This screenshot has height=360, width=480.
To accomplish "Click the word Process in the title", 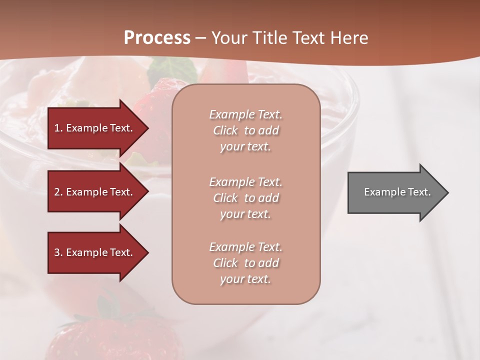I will (x=157, y=38).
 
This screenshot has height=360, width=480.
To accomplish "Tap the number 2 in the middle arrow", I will (x=57, y=192).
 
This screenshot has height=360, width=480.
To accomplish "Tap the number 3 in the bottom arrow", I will (x=57, y=252).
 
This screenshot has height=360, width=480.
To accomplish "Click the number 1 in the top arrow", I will (x=56, y=128).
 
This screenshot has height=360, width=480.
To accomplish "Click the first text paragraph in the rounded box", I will (x=245, y=130).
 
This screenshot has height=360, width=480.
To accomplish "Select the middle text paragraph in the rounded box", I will (x=245, y=197).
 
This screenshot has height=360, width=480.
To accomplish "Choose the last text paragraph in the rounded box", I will (x=245, y=263).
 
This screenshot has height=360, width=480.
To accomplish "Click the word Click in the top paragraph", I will (x=225, y=130).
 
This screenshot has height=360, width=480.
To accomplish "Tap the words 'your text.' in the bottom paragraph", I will (x=245, y=279).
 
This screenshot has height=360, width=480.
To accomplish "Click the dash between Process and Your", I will (x=200, y=38).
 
